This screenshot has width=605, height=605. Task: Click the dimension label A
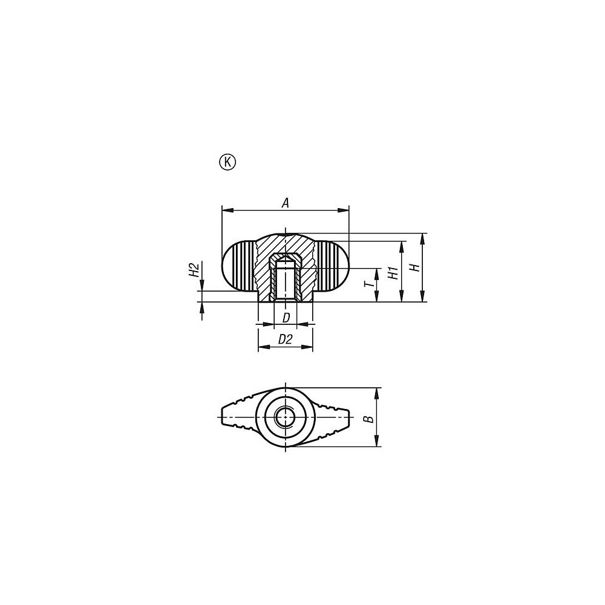(286, 203)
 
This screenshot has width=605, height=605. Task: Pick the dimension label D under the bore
(286, 317)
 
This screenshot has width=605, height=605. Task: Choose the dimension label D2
(285, 340)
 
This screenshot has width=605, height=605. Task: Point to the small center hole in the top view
(285, 417)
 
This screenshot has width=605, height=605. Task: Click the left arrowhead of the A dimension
(226, 210)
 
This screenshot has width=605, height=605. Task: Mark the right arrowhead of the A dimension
(345, 210)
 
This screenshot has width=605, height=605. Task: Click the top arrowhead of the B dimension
(378, 391)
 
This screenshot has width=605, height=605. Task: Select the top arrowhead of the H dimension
(422, 237)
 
